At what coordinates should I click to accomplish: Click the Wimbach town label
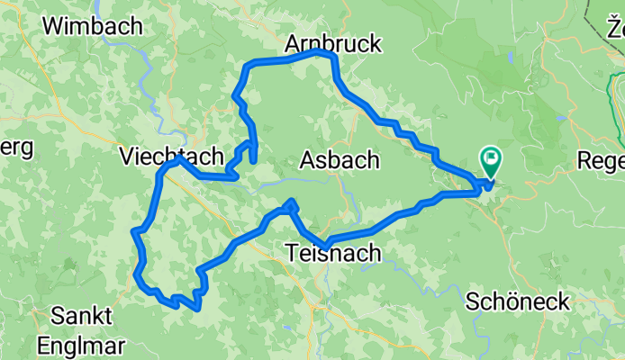(93, 26)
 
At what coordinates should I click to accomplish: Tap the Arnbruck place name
(333, 43)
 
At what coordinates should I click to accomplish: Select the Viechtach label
(171, 157)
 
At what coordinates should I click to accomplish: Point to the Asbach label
(339, 160)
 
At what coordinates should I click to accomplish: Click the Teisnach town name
(332, 254)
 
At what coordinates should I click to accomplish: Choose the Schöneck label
(518, 301)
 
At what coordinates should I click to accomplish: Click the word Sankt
(82, 316)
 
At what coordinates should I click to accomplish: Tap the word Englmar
(81, 345)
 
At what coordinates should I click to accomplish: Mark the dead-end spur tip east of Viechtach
(254, 162)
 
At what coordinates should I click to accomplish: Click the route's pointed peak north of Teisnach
(293, 202)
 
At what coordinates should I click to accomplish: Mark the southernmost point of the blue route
(195, 309)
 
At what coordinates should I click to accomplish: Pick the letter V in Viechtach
(126, 157)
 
